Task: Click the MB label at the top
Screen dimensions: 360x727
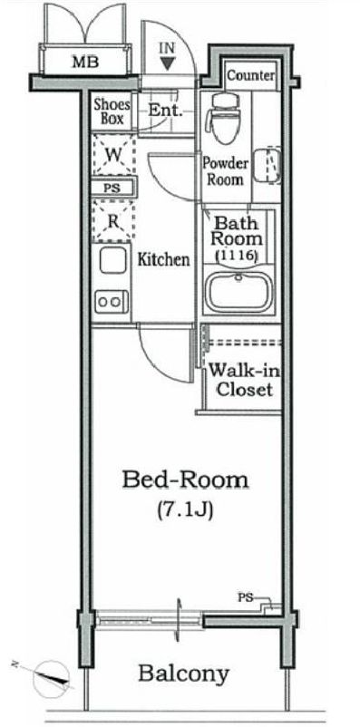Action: pyautogui.click(x=85, y=63)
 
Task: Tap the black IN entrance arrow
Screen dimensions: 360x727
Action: pyautogui.click(x=167, y=63)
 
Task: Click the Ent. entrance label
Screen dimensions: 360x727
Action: pyautogui.click(x=165, y=111)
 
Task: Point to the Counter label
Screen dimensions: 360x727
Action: pyautogui.click(x=251, y=75)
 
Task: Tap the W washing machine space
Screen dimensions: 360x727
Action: pyautogui.click(x=113, y=155)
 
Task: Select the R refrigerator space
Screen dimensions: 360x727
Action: pyautogui.click(x=113, y=221)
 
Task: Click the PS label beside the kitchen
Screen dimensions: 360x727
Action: pyautogui.click(x=112, y=189)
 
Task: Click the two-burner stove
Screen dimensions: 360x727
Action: pyautogui.click(x=112, y=302)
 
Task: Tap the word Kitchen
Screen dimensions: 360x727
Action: pyautogui.click(x=164, y=259)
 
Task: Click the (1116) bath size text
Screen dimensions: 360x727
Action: pyautogui.click(x=237, y=256)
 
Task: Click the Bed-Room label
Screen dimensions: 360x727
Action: pyautogui.click(x=185, y=480)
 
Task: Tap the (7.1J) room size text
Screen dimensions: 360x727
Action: pyautogui.click(x=185, y=510)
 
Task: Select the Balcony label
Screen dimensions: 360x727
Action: pyautogui.click(x=184, y=674)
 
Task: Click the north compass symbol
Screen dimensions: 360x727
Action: pyautogui.click(x=51, y=678)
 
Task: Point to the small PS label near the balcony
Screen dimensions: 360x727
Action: pyautogui.click(x=245, y=597)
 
